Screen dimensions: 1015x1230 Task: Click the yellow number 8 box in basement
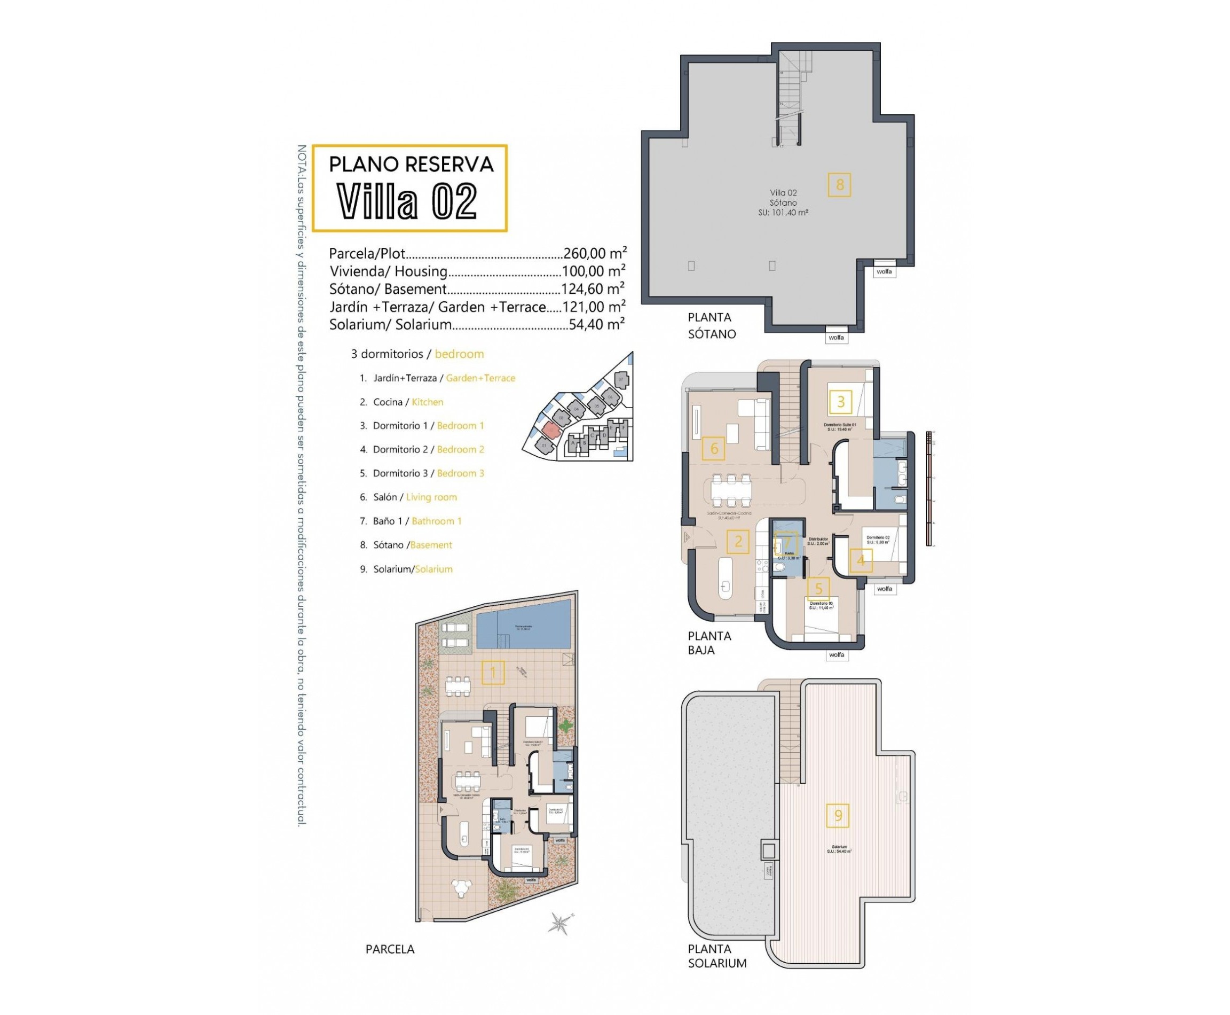[839, 185]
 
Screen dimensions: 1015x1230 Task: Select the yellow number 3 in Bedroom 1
[840, 402]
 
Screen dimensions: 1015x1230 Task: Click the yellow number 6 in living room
[713, 449]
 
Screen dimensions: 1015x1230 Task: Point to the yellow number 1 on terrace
[493, 673]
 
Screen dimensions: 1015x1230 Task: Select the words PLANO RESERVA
[411, 165]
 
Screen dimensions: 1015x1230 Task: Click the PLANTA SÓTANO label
[711, 326]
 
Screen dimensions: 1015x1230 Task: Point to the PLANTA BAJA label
[709, 643]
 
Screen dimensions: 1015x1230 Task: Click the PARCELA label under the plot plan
[390, 949]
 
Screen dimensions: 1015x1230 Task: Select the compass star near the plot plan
[561, 924]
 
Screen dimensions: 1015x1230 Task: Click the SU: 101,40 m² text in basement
[783, 213]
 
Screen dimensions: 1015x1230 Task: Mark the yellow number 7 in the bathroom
[786, 542]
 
